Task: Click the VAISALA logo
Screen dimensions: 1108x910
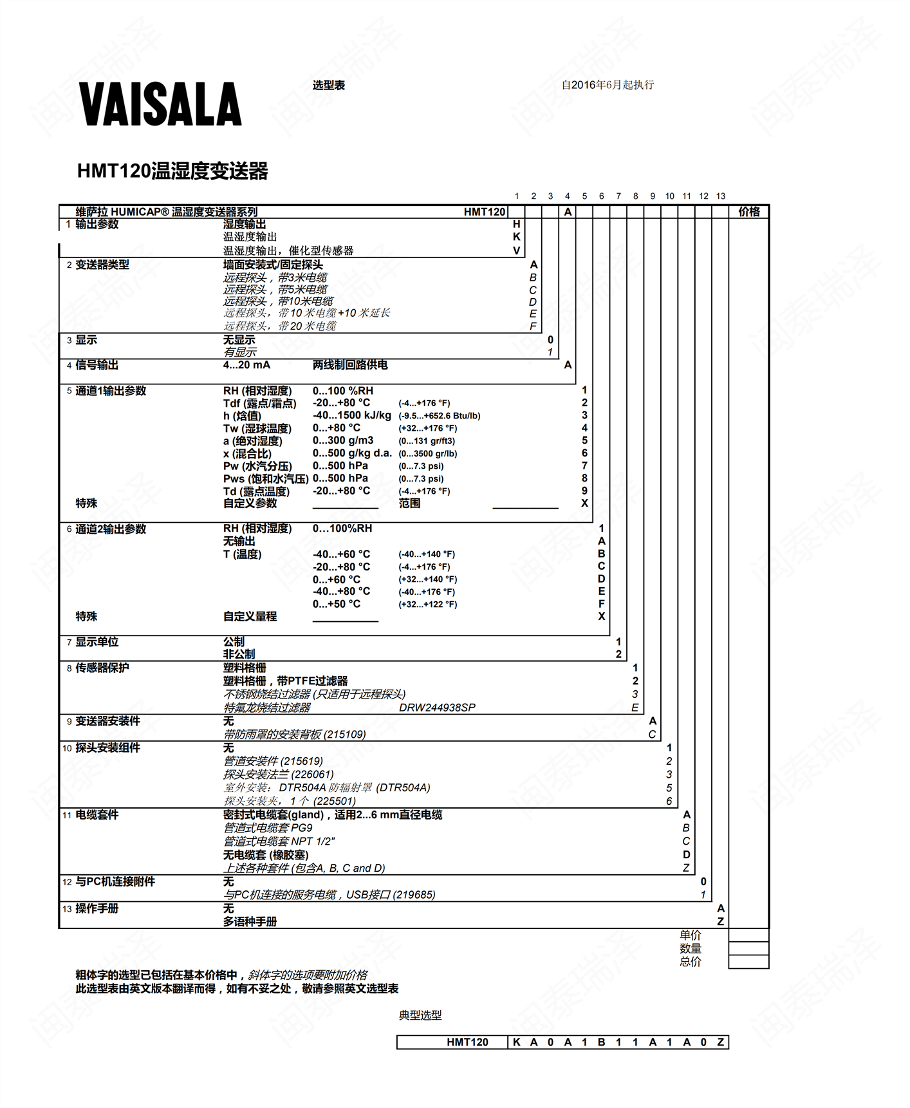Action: click(160, 104)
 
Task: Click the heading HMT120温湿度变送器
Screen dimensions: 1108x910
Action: click(172, 171)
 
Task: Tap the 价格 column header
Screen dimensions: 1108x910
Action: click(748, 212)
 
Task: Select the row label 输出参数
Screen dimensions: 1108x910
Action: click(97, 224)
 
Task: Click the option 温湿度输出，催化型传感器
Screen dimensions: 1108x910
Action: click(288, 250)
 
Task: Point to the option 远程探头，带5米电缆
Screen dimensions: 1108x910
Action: click(275, 290)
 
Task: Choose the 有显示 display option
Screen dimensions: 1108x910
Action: click(239, 352)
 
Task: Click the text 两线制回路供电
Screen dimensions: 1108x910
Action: click(350, 365)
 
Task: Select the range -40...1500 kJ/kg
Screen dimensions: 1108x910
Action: click(351, 415)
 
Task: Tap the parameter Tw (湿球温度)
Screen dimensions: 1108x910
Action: click(257, 428)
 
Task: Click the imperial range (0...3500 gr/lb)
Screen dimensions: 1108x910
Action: click(427, 453)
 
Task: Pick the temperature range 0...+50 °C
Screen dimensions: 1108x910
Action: click(336, 604)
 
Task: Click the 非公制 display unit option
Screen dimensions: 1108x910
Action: click(239, 654)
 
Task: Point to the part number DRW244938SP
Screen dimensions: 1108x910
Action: click(437, 708)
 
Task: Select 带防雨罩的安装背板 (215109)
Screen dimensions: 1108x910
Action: click(294, 735)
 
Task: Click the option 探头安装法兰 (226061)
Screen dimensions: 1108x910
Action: click(278, 775)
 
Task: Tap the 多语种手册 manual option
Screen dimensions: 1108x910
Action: click(250, 922)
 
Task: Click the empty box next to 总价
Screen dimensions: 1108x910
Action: click(748, 962)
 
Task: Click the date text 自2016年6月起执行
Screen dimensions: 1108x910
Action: click(607, 85)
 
